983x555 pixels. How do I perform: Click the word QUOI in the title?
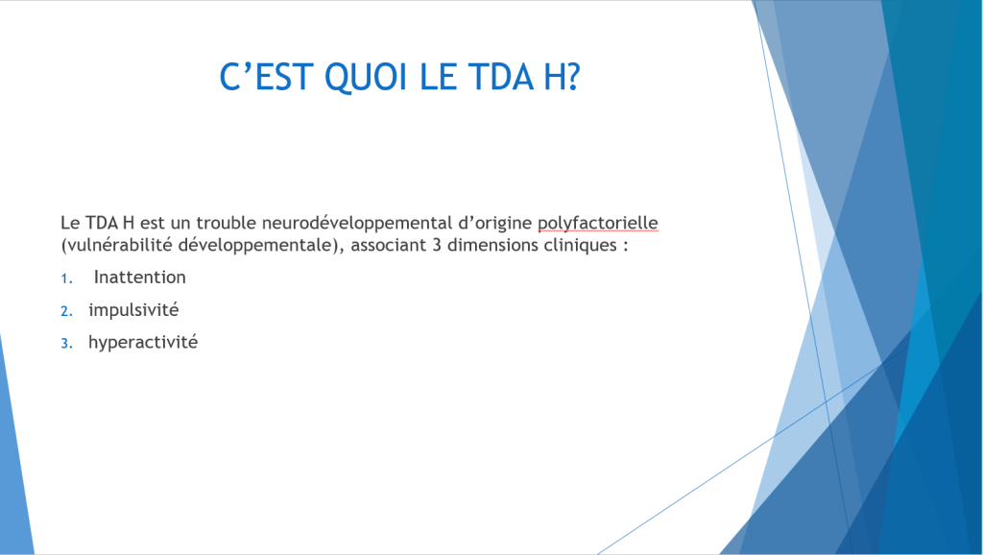pyautogui.click(x=366, y=78)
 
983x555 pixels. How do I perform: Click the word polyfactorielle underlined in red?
pyautogui.click(x=597, y=224)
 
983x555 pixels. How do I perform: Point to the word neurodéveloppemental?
pyautogui.click(x=357, y=224)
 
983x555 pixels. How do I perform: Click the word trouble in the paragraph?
pyautogui.click(x=227, y=223)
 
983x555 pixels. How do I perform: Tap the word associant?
pyautogui.click(x=389, y=245)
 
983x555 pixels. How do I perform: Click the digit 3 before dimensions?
pyautogui.click(x=437, y=245)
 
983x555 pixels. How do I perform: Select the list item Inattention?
pyautogui.click(x=140, y=277)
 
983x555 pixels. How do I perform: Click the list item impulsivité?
pyautogui.click(x=133, y=310)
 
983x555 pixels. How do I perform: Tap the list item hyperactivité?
pyautogui.click(x=143, y=343)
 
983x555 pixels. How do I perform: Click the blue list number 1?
pyautogui.click(x=66, y=279)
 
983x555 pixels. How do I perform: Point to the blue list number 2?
pyautogui.click(x=66, y=311)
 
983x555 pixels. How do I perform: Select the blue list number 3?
pyautogui.click(x=66, y=344)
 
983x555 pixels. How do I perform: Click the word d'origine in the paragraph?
pyautogui.click(x=495, y=224)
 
